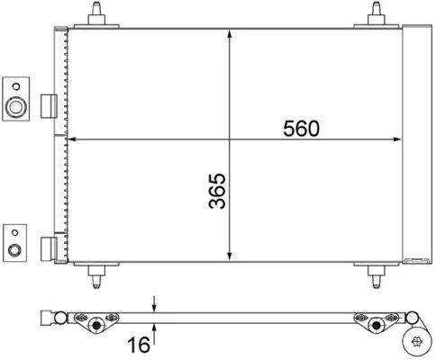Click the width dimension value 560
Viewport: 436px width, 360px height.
pyautogui.click(x=302, y=129)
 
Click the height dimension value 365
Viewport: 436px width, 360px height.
pyautogui.click(x=215, y=189)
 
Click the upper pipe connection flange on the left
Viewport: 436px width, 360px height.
pyautogui.click(x=15, y=96)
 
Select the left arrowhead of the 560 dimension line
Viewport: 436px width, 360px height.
pyautogui.click(x=74, y=139)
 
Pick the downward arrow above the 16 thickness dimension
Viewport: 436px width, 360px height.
pyautogui.click(x=156, y=304)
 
